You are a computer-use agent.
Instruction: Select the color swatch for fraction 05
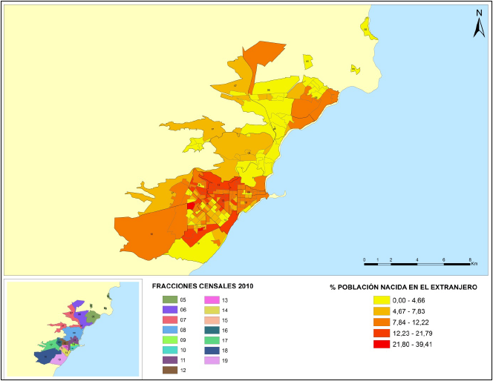pos(169,299)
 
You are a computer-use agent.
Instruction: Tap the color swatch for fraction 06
pos(169,309)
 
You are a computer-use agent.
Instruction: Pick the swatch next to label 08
pos(169,329)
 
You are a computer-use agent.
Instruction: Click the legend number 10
pos(183,349)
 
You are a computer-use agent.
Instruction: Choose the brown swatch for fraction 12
pos(169,369)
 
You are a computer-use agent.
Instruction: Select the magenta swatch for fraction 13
pos(211,299)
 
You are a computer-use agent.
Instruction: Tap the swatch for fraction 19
pos(211,360)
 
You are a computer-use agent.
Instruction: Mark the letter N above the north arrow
pos(479,13)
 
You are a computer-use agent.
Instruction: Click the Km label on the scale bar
pos(474,264)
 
